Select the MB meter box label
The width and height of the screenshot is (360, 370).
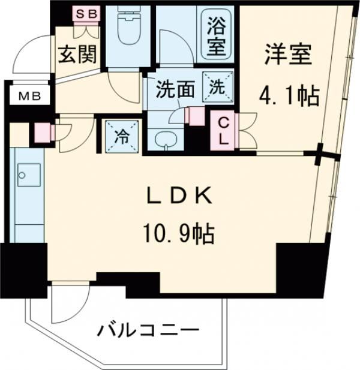[x=28, y=95]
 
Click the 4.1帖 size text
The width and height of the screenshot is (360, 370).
[x=288, y=94]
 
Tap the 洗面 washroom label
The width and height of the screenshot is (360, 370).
[x=175, y=89]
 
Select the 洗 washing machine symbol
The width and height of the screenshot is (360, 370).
[x=216, y=86]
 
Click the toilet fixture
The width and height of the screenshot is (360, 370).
[x=130, y=27]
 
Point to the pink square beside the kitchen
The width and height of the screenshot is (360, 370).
[x=43, y=131]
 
